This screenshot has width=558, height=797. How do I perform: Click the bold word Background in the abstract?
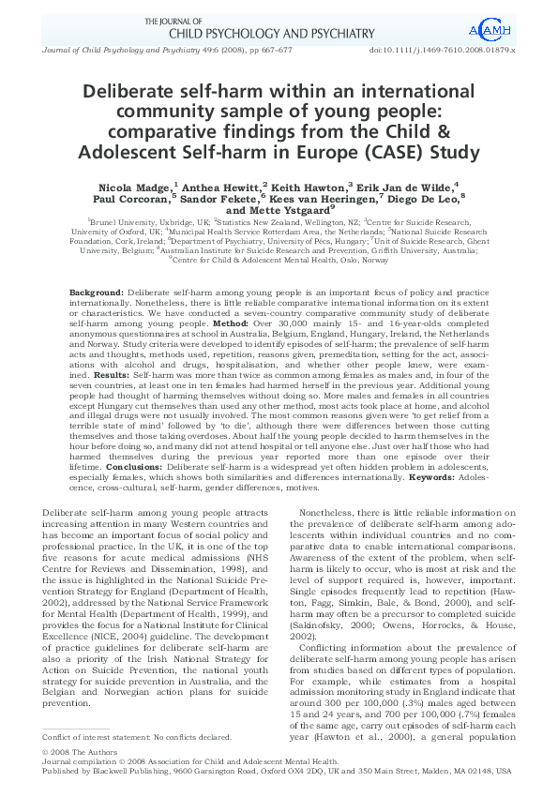tap(96, 293)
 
